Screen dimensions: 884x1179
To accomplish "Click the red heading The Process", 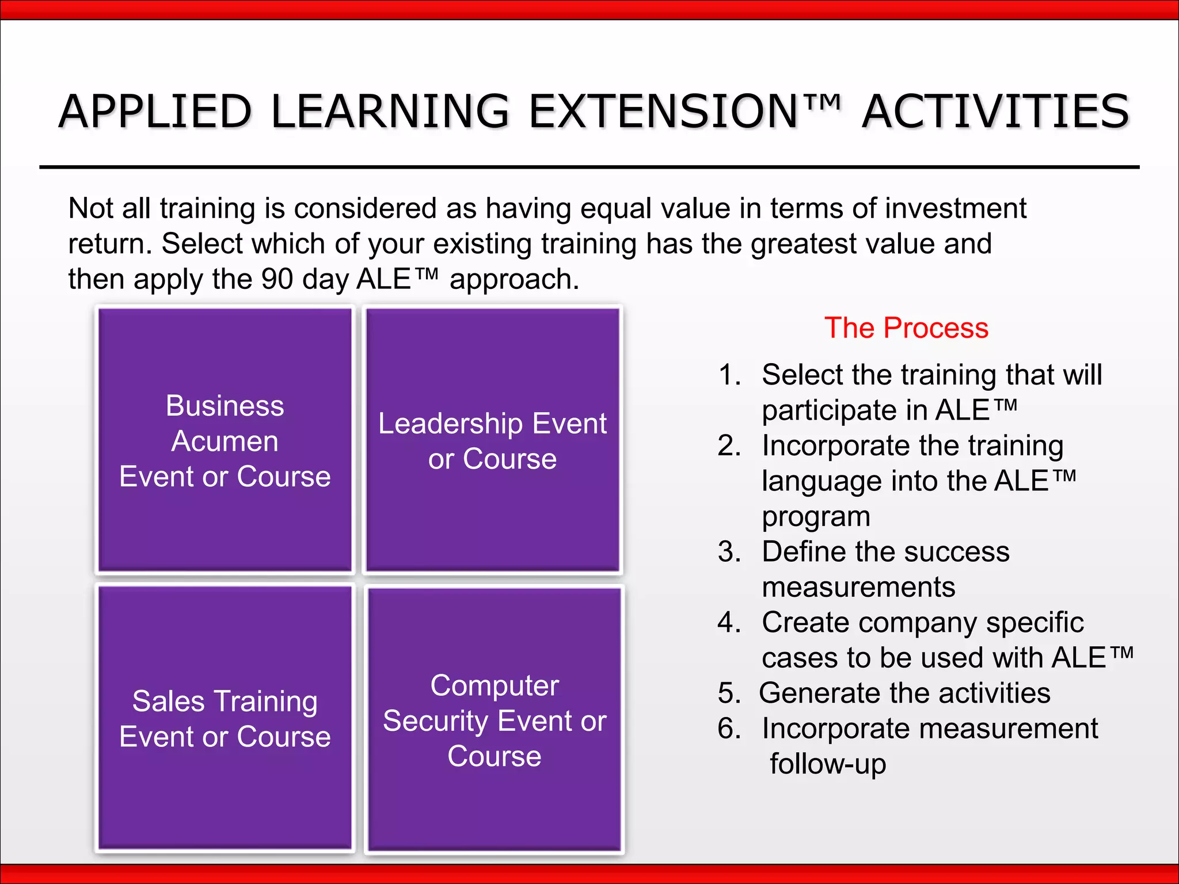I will tap(906, 328).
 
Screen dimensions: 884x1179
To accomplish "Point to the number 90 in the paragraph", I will tap(277, 279).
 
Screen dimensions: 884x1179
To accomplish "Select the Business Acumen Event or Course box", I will tap(225, 440).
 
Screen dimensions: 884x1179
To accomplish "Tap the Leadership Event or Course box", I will tap(493, 440).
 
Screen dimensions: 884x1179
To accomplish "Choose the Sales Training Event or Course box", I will tap(225, 718).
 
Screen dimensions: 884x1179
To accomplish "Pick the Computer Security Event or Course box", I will tap(495, 719).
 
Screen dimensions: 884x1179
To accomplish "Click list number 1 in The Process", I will tap(729, 375).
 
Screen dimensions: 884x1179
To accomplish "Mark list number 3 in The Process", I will tap(729, 552).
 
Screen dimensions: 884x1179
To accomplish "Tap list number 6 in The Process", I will tap(729, 729).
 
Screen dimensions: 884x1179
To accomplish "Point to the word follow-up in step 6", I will tap(828, 764).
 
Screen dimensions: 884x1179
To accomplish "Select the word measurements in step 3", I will tap(858, 587).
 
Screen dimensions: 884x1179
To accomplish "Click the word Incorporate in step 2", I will tap(836, 445).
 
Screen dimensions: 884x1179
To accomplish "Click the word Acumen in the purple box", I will tap(225, 441).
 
